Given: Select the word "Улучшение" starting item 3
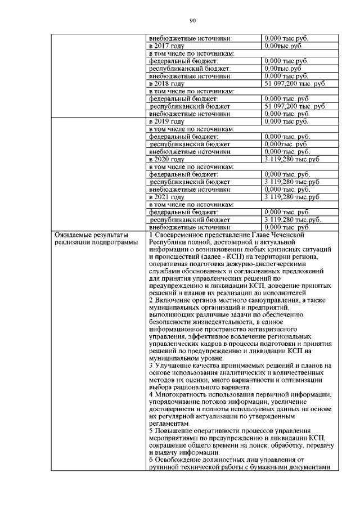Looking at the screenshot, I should click(173, 366).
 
